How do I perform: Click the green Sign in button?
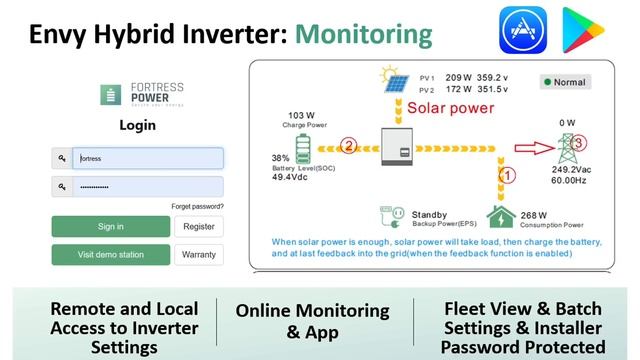111,227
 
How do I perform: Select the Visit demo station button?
111,255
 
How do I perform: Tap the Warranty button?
199,255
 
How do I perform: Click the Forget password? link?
197,207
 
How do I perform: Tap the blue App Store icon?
523,30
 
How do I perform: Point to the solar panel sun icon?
388,81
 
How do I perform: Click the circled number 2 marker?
348,146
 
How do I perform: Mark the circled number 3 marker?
578,142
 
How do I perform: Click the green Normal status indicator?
566,82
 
